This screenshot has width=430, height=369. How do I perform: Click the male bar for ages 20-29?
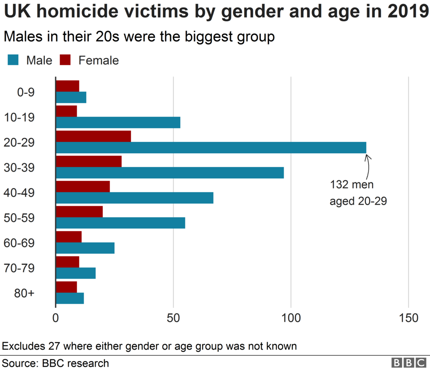(211, 148)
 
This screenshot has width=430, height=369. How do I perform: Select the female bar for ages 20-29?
(93, 136)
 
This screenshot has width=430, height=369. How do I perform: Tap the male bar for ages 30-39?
(170, 173)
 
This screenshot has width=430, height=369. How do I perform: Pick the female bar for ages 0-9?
(67, 86)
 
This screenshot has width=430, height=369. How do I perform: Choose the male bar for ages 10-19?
(118, 122)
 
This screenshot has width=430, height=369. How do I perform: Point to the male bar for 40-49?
(134, 198)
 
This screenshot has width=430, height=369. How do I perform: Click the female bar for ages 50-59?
(79, 211)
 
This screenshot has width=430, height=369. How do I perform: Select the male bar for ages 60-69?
(85, 248)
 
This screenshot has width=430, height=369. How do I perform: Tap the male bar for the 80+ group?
(70, 298)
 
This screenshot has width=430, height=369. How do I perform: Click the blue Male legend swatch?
(13, 60)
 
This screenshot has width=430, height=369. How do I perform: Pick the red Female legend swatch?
(65, 60)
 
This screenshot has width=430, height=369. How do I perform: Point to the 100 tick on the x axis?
(291, 317)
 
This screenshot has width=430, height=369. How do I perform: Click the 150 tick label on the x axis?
(408, 317)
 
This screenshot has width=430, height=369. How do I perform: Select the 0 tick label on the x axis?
(56, 317)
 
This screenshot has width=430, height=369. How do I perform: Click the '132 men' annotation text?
(351, 185)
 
